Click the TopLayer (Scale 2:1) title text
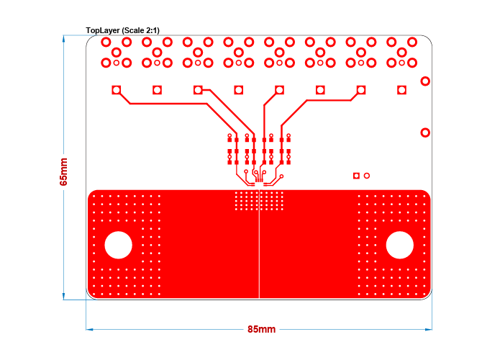pos(122,30)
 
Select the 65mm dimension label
pos(63,172)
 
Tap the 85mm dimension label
pos(261,329)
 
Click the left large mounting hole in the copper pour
pos(119,245)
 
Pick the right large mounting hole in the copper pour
pos(399,245)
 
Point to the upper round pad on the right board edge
pos(425,81)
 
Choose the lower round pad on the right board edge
pos(425,132)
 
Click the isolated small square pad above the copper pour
pos(356,175)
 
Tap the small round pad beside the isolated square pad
pos(367,175)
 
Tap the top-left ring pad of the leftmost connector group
pos(106,42)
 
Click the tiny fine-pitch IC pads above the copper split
pos(259,184)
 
